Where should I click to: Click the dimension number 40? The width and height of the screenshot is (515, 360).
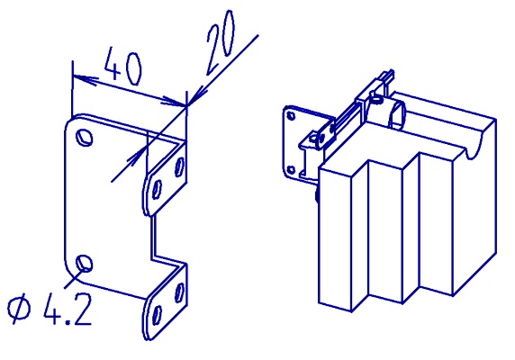(x=123, y=67)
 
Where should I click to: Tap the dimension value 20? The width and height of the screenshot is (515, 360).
(x=220, y=42)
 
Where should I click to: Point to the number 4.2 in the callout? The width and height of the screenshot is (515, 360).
(x=68, y=309)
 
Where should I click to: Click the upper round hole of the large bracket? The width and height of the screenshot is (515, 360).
(x=84, y=137)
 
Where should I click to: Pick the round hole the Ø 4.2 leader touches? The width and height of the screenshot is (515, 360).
(x=85, y=263)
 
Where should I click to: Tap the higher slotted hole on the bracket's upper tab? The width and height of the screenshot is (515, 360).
(x=179, y=167)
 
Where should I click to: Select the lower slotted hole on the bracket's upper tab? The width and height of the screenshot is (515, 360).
(x=157, y=190)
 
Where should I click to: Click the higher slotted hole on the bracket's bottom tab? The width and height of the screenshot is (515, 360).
(x=179, y=292)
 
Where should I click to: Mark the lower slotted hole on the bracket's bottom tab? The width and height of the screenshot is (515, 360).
(x=158, y=315)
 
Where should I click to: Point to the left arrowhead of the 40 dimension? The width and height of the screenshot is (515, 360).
(x=86, y=80)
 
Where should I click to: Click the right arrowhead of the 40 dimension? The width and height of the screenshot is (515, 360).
(x=173, y=101)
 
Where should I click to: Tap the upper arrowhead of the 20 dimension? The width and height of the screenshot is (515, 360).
(x=197, y=94)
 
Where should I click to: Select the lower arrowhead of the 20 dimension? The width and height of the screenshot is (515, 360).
(x=135, y=158)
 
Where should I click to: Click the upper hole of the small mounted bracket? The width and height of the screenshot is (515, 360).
(x=291, y=115)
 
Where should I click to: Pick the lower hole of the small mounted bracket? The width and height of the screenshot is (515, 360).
(x=291, y=170)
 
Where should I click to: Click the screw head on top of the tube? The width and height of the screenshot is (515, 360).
(x=377, y=99)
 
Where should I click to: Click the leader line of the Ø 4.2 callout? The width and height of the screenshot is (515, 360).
(x=74, y=278)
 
